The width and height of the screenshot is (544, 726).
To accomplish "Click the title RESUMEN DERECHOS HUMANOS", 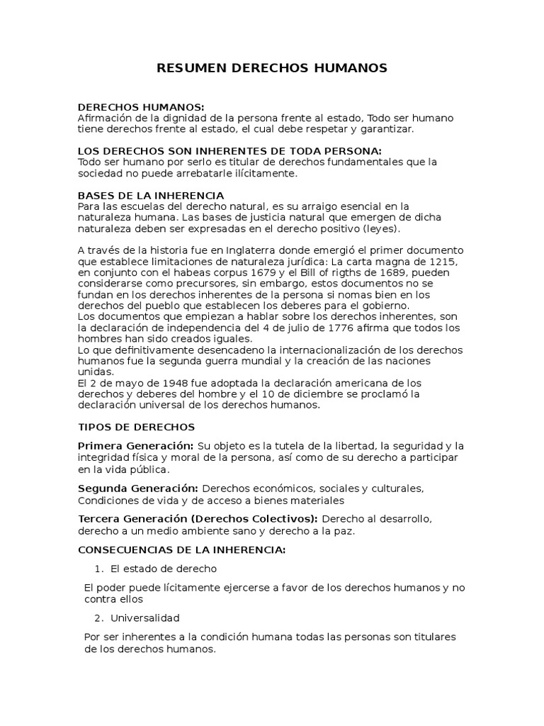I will coord(271,68).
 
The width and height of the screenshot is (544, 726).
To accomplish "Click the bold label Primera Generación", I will coord(135,446).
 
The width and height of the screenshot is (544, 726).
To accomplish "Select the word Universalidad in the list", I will coord(145,618).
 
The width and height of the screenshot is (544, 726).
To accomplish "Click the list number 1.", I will coord(98,569).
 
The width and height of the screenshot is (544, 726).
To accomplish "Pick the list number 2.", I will coord(98,618).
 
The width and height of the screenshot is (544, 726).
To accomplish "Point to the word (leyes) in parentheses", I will coord(381,228).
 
